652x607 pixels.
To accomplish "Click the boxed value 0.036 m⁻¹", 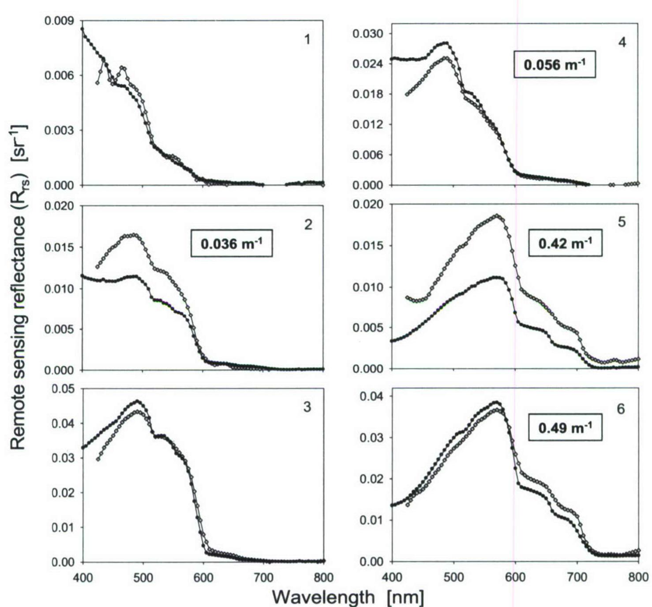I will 231,243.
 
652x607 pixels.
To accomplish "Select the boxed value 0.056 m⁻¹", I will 554,65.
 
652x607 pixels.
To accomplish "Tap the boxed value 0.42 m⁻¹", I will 565,243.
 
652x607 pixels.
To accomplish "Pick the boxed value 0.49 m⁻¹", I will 565,427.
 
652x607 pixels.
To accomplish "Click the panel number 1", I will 307,40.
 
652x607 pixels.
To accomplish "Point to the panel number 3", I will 307,407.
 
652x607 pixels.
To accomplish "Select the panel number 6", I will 621,409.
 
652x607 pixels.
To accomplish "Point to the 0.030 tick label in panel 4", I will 367,34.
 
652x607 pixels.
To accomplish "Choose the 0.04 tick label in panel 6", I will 371,396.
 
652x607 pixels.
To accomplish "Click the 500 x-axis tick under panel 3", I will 142,577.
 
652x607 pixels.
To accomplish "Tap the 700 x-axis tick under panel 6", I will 577,577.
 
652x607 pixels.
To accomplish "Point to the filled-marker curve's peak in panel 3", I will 138,401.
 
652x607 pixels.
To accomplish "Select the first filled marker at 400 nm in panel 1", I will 82,29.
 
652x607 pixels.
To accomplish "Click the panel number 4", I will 622,43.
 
